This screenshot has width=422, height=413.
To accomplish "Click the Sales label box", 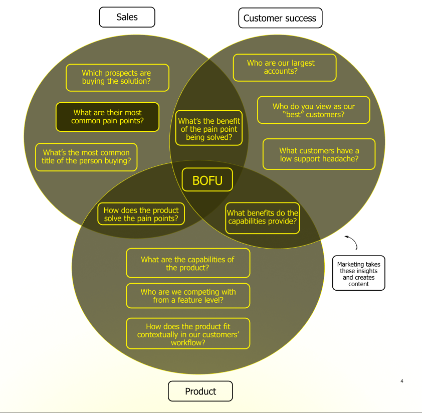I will pos(127,17).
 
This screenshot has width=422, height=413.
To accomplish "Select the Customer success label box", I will pos(280,18).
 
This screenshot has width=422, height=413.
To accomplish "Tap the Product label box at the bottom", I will pos(200,391).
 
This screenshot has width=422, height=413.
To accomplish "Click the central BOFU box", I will pos(207,179).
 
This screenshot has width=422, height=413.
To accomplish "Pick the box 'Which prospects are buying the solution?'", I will pos(117,77).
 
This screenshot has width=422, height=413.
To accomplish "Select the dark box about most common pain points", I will pos(107,117).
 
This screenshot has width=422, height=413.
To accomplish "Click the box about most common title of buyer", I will pos(86,157).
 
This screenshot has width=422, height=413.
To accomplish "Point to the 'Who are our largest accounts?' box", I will pos(284,67).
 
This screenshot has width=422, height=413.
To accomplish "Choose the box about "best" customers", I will pos(313,110).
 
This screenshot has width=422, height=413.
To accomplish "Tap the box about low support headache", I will pos(319,154).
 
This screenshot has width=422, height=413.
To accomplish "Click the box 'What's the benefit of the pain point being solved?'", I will pos(209,129).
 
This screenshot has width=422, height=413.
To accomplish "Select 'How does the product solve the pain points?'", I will pos(141,215).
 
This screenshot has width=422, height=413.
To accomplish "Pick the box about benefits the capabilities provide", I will pos(262,217).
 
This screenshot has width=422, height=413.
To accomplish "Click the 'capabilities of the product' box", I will pos(187,263).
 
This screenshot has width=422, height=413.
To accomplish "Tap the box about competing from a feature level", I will pos(187,296).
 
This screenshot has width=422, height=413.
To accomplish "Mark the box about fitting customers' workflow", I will pos(187,334).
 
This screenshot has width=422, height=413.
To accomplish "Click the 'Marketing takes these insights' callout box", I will pos(358,274).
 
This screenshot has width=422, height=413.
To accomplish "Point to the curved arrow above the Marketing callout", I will pos(352,243).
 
